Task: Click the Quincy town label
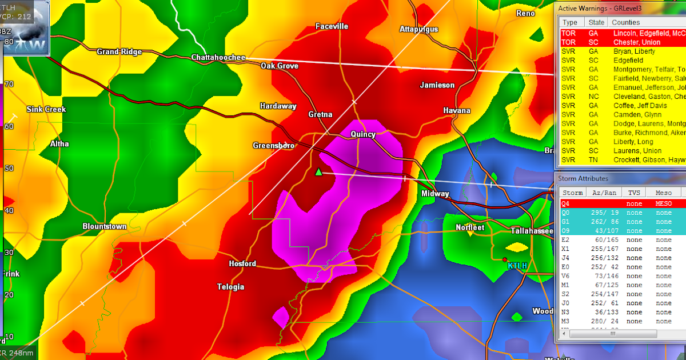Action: (363, 135)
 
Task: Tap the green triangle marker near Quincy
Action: (318, 171)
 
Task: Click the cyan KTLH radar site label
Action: (518, 266)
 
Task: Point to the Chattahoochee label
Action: (218, 58)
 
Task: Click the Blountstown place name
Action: (104, 226)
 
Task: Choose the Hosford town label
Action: (242, 264)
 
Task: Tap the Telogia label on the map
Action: (230, 287)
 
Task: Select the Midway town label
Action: (435, 194)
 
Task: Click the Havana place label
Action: (457, 110)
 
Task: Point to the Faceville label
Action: (332, 26)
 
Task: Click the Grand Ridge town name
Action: (119, 52)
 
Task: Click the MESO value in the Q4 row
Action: (664, 203)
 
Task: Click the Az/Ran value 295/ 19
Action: (603, 213)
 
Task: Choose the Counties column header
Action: (626, 22)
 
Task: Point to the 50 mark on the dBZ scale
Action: (9, 168)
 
